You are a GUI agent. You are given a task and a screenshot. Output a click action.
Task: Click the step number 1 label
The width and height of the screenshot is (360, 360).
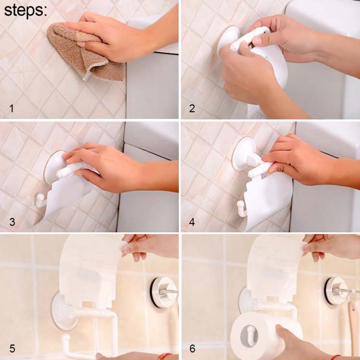[x=12, y=108]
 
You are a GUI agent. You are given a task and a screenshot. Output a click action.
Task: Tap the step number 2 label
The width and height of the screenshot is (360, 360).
[x=192, y=108]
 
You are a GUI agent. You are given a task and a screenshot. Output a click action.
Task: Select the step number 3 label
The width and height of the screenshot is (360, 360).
[x=12, y=222]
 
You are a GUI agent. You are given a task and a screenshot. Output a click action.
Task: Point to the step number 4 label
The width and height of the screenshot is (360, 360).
[x=192, y=222]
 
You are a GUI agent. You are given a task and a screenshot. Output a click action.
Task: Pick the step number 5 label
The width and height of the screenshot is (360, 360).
[x=12, y=348]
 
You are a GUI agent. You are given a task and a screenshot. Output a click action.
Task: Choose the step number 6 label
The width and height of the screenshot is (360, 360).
[x=192, y=348]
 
